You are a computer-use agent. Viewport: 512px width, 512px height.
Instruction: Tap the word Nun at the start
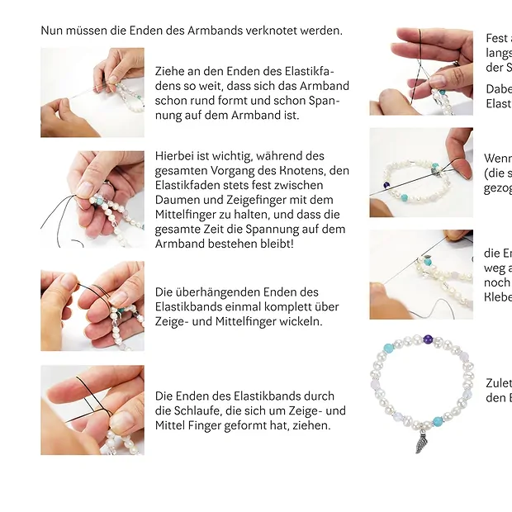point(52,31)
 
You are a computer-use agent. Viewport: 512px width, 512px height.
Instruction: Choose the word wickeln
point(301,321)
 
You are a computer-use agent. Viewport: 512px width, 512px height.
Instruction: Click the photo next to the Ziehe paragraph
point(92,92)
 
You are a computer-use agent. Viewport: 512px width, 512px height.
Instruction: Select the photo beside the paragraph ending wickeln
point(92,306)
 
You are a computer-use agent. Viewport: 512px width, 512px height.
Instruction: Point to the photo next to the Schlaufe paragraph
point(92,410)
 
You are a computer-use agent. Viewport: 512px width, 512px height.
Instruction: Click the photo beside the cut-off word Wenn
point(420,173)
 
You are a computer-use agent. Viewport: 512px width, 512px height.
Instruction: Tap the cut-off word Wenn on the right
point(498,158)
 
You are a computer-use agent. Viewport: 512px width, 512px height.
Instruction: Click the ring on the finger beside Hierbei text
point(107,186)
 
